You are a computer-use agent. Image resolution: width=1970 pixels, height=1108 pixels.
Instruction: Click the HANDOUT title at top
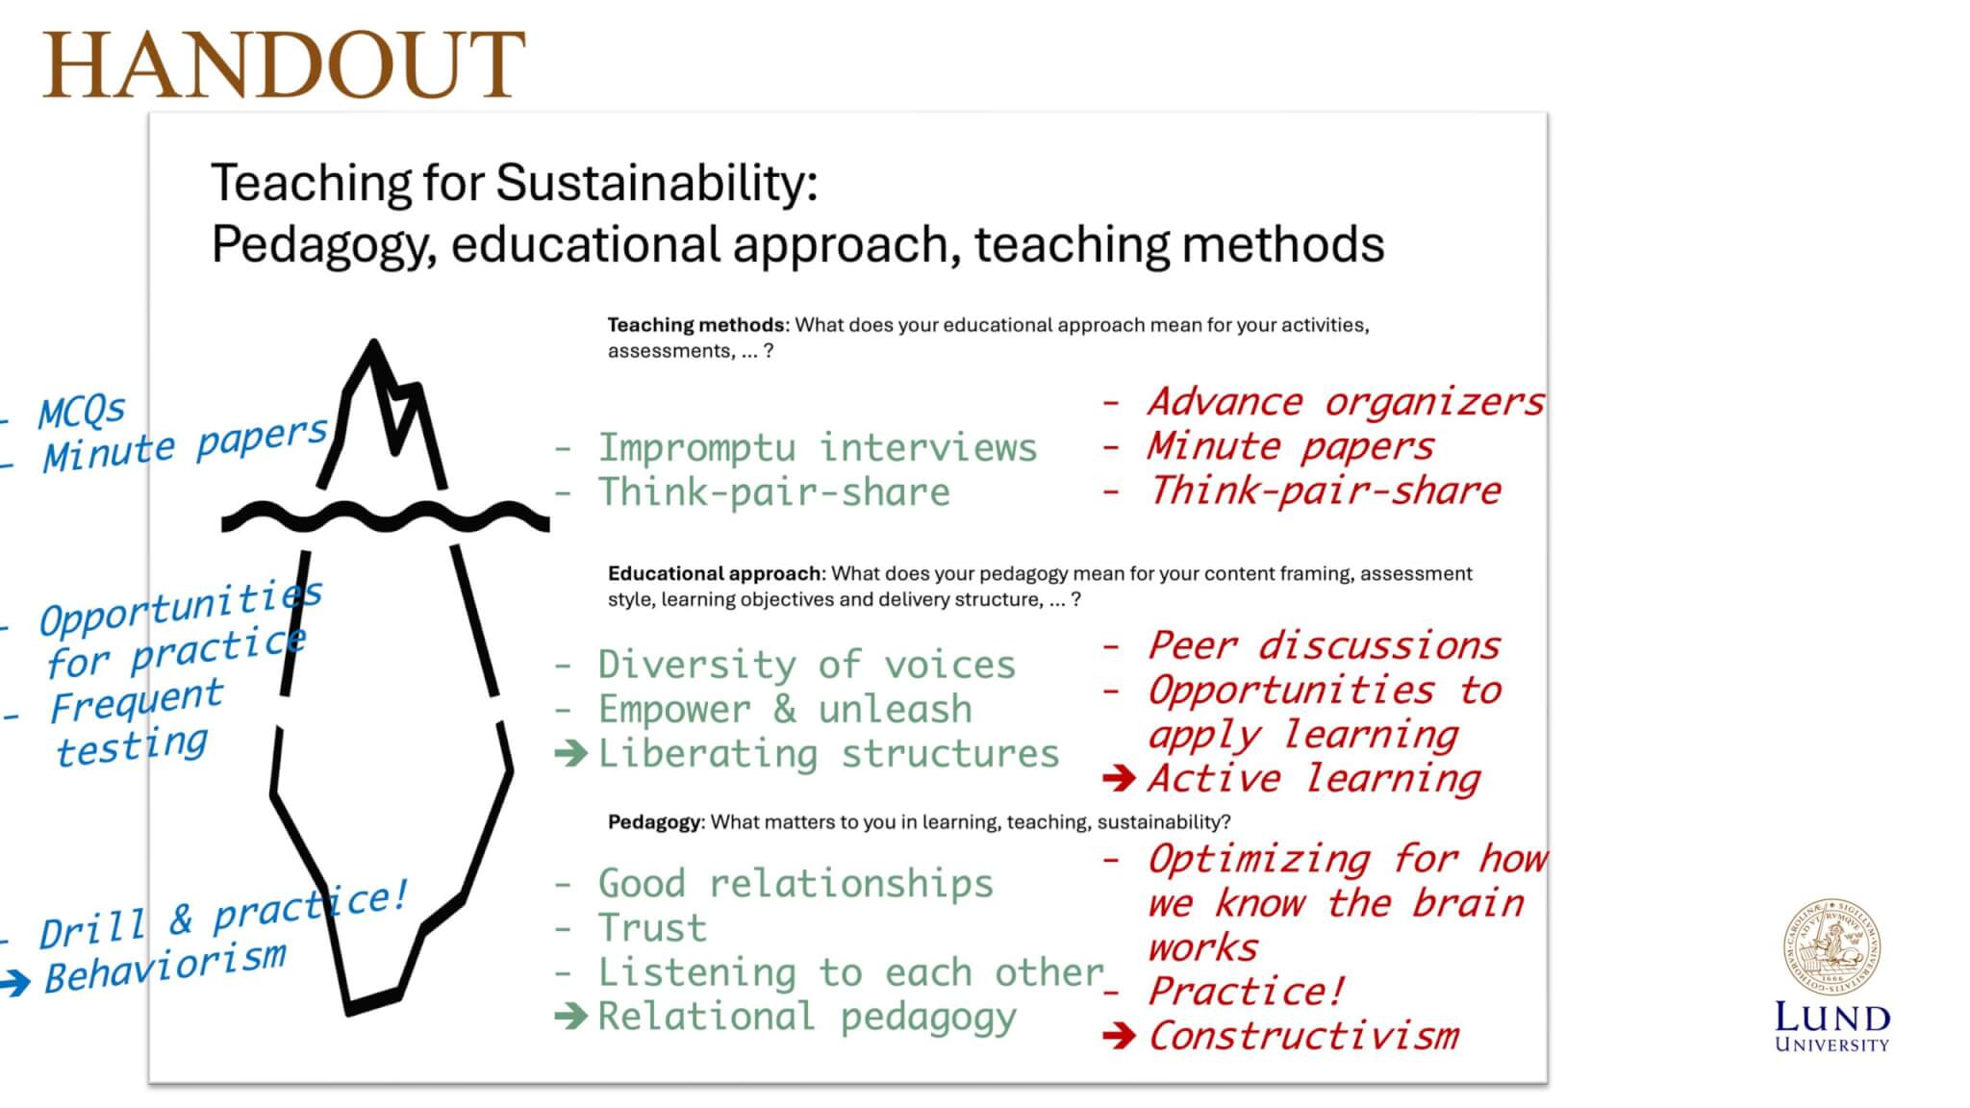click(x=284, y=64)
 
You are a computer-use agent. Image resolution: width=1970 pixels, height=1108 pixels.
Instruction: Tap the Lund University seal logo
click(x=1832, y=947)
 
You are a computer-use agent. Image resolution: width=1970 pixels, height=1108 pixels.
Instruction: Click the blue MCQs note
click(x=81, y=412)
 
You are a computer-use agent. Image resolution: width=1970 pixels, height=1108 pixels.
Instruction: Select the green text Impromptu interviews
click(x=818, y=447)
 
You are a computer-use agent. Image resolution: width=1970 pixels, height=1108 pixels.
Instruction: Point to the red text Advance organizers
click(x=1346, y=402)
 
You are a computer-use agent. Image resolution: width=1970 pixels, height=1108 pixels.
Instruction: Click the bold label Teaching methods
click(x=695, y=325)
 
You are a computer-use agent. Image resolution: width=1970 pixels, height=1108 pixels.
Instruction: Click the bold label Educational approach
click(x=716, y=573)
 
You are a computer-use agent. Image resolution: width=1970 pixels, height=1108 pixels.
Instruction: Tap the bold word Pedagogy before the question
click(x=655, y=822)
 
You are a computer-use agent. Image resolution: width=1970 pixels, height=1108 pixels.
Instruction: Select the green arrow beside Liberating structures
click(x=571, y=753)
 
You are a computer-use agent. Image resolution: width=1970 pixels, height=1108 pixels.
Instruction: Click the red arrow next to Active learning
click(x=1120, y=777)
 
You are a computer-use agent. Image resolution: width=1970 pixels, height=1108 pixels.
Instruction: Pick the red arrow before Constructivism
click(x=1120, y=1036)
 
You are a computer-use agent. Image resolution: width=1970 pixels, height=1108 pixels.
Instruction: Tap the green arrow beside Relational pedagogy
click(x=571, y=1016)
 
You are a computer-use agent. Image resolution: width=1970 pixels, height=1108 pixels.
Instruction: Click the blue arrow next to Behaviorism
click(x=15, y=982)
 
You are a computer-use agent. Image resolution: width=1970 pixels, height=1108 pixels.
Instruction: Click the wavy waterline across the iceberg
click(x=385, y=517)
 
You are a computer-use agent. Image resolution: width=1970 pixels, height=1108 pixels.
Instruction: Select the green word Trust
click(x=652, y=928)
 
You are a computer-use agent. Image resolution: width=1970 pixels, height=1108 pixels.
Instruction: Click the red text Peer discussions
click(x=1325, y=645)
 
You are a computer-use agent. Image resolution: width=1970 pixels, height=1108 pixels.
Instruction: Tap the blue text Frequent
click(x=137, y=700)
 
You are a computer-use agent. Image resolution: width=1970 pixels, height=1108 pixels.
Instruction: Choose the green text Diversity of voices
click(x=807, y=665)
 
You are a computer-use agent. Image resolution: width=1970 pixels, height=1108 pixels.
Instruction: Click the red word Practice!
click(x=1247, y=991)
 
